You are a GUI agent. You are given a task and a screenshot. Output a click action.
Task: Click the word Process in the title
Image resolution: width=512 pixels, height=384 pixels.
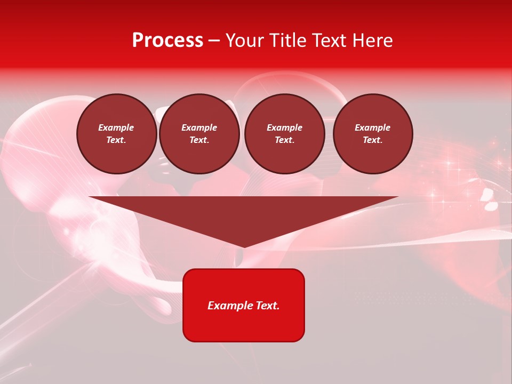point(167,41)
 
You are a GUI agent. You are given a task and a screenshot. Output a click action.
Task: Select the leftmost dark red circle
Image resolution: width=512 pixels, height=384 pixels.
point(117,134)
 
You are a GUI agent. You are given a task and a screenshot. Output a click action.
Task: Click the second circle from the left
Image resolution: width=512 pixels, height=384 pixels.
point(199,134)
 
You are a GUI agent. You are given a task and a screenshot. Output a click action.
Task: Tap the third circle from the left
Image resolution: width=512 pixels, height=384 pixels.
point(284,134)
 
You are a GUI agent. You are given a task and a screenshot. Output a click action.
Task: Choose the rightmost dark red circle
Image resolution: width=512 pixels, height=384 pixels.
point(373,134)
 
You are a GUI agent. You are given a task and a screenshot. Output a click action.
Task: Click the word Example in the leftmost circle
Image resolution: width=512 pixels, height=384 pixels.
point(116,127)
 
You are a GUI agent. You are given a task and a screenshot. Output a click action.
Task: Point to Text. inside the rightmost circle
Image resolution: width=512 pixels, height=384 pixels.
point(373,140)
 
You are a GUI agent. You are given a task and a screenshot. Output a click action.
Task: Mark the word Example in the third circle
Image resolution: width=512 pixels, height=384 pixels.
point(284,127)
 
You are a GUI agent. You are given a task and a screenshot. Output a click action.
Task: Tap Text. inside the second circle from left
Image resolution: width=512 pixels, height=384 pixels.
point(199,140)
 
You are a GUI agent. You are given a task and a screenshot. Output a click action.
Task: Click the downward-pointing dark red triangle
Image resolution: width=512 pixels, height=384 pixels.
point(244,213)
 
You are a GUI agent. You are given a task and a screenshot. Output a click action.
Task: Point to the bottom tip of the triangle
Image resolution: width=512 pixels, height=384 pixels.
point(244,246)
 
